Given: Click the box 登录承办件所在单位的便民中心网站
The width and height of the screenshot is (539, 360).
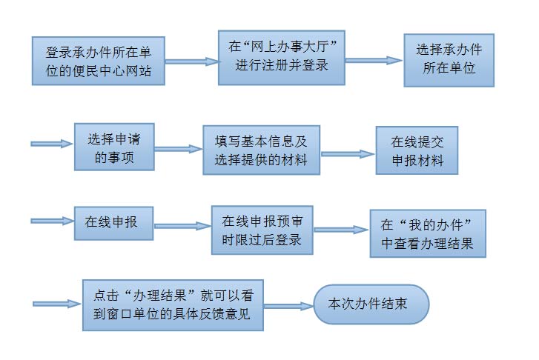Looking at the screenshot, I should [98, 61].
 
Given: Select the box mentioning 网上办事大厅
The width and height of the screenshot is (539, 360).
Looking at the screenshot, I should [282, 56].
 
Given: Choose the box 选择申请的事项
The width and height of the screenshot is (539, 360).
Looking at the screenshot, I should [114, 147].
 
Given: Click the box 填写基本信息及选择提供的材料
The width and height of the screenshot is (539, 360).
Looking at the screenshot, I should [262, 149].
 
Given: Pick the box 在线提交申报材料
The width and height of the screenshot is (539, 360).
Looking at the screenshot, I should [417, 150].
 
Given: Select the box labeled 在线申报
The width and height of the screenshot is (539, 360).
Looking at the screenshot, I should [114, 222].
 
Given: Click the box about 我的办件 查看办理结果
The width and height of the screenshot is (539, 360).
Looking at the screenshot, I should [428, 232].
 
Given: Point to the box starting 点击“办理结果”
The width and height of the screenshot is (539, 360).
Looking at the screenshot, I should [173, 304].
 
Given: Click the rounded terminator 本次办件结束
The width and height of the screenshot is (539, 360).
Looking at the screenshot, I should [371, 303].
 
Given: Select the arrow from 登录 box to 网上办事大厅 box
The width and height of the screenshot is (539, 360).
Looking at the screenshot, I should [191, 62].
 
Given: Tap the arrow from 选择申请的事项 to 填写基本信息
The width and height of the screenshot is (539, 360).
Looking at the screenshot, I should [179, 149].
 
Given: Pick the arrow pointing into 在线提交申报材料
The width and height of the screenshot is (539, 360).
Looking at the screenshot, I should [348, 154].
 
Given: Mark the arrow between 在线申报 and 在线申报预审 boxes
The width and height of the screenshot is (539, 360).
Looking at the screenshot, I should [182, 226].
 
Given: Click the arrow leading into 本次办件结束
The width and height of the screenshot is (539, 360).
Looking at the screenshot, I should [288, 305].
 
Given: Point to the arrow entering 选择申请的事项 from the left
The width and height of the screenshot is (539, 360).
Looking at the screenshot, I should [52, 144].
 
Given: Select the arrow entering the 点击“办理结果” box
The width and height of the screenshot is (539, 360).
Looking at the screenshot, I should [57, 303].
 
